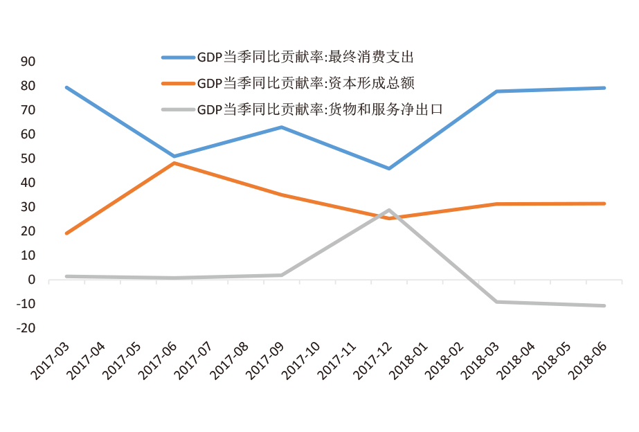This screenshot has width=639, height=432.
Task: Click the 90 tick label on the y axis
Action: [x=28, y=62]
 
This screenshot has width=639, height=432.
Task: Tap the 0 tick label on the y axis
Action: [x=31, y=280]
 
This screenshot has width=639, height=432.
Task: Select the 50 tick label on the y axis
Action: [x=28, y=159]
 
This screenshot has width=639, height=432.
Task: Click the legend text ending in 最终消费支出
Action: [x=305, y=58]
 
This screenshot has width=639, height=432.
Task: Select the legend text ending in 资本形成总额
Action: [x=305, y=84]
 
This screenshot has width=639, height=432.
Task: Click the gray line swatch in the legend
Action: [x=177, y=109]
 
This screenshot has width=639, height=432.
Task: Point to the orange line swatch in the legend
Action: [x=177, y=84]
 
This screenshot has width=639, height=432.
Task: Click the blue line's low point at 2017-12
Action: [x=389, y=168]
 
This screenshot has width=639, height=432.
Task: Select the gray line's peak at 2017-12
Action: [x=389, y=210]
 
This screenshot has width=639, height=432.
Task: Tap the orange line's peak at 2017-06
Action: [x=174, y=163]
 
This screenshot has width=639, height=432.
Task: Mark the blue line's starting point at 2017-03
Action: [x=66, y=87]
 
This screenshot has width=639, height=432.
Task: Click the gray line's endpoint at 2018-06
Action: [x=604, y=305]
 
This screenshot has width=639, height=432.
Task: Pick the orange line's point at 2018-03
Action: [x=496, y=204]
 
